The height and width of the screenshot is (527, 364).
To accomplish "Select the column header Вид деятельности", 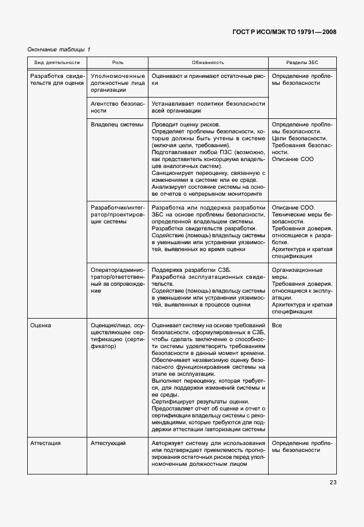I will (x=57, y=62).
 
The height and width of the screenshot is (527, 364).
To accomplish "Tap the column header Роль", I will (x=117, y=62).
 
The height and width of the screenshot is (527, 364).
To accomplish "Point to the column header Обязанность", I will (x=208, y=62).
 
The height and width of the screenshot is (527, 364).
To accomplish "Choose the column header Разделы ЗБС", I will (x=302, y=62).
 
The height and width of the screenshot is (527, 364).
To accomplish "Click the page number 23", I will (x=333, y=483).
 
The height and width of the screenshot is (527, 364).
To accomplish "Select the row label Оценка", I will (x=41, y=326).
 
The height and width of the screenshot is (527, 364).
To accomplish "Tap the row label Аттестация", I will (x=46, y=443).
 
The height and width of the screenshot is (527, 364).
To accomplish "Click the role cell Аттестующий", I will (x=109, y=443).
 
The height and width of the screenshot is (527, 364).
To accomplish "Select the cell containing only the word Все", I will (x=277, y=326).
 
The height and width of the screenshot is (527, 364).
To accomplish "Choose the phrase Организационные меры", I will (x=297, y=274).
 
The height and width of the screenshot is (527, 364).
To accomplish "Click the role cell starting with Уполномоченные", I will (x=117, y=83).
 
